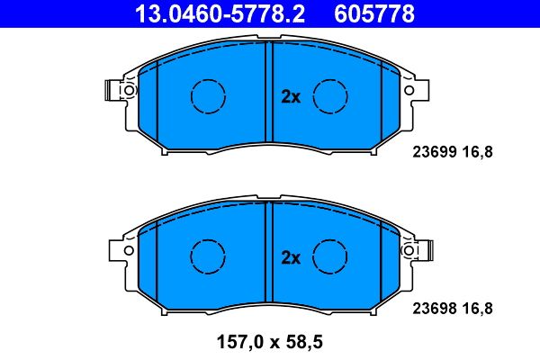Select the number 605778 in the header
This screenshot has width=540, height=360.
coord(375,14)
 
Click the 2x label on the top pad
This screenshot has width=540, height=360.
coord(290,97)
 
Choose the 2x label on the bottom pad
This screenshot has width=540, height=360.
coord(290,257)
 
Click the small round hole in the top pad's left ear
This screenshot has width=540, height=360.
coord(130,91)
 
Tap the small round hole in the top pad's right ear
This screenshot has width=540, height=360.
coord(410,91)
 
